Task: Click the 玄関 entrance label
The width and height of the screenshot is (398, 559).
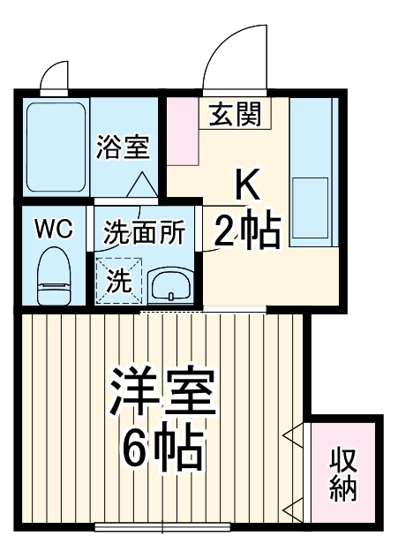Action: click(x=235, y=114)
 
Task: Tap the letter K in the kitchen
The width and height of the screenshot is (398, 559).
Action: click(x=247, y=185)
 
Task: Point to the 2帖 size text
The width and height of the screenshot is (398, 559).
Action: click(x=248, y=232)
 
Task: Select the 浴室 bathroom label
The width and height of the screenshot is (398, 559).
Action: click(x=123, y=146)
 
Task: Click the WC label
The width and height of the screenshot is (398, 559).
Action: click(x=53, y=230)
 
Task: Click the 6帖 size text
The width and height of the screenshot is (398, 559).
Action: click(x=162, y=450)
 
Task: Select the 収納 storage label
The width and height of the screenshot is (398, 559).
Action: click(x=345, y=474)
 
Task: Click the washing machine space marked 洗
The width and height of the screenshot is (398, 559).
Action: click(x=118, y=281)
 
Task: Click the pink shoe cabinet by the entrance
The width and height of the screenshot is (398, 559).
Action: click(x=184, y=130)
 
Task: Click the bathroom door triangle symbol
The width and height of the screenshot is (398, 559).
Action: click(x=142, y=185)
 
